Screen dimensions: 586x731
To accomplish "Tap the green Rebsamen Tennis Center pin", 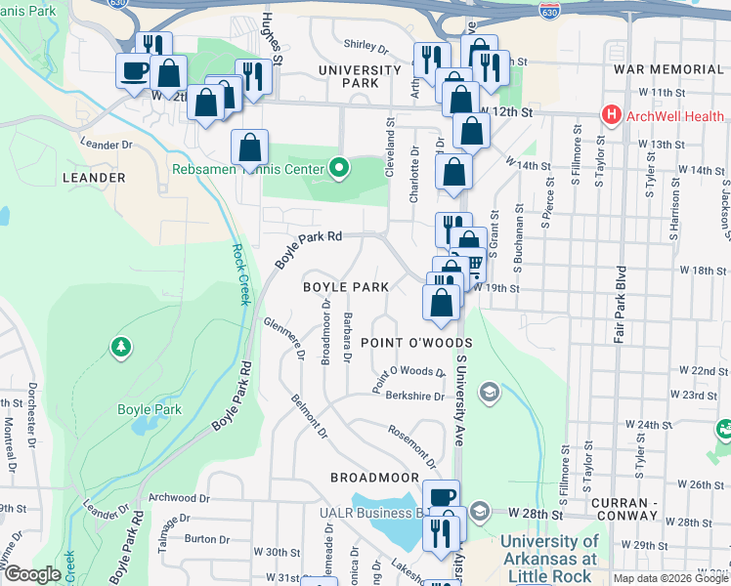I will pyautogui.click(x=339, y=168).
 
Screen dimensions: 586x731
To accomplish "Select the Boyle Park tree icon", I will pyautogui.click(x=120, y=346).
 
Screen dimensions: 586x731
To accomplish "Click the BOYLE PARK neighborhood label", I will pyautogui.click(x=346, y=287).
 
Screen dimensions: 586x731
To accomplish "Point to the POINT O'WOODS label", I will pyautogui.click(x=416, y=343).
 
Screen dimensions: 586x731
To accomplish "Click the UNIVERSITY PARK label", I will pyautogui.click(x=348, y=76).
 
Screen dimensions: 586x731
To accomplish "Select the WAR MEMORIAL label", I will pyautogui.click(x=667, y=70).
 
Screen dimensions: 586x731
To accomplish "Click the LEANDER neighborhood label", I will pyautogui.click(x=94, y=178).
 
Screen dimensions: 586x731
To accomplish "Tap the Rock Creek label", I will pyautogui.click(x=238, y=273).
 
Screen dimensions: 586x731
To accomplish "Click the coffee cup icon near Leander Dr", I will pyautogui.click(x=134, y=70).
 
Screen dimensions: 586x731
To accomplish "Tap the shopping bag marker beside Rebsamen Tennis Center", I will pyautogui.click(x=250, y=148).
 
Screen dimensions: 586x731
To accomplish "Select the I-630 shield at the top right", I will pyautogui.click(x=549, y=10).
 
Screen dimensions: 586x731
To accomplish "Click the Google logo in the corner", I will pyautogui.click(x=32, y=574).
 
